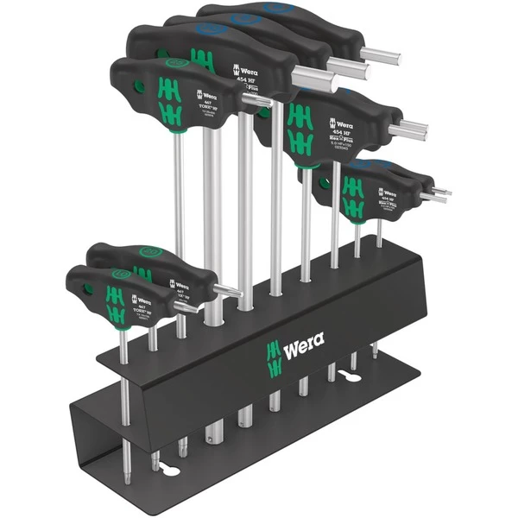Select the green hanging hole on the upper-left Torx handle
pos(138,85)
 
